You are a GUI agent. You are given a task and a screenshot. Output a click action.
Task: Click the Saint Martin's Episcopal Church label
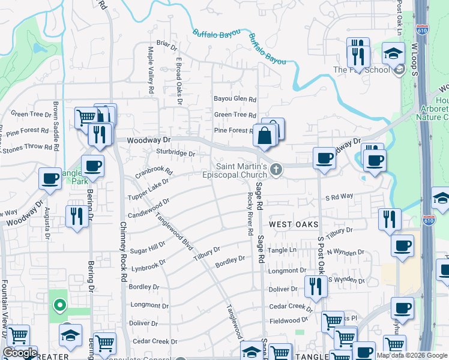(x=241, y=170)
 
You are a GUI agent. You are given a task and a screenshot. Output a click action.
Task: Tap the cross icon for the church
(x=276, y=170)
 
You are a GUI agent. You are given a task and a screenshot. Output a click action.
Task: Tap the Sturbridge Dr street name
(x=176, y=154)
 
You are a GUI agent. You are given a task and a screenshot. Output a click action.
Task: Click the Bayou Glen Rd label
(x=235, y=100)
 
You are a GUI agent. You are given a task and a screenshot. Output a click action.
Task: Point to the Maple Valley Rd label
(x=150, y=71)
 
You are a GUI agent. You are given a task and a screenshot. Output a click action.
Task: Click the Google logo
(x=20, y=353)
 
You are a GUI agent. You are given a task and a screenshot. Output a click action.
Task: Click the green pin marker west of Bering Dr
(x=59, y=306)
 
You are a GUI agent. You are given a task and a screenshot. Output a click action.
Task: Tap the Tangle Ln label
(x=283, y=250)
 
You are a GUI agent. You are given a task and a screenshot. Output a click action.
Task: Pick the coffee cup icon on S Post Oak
(x=324, y=158)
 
